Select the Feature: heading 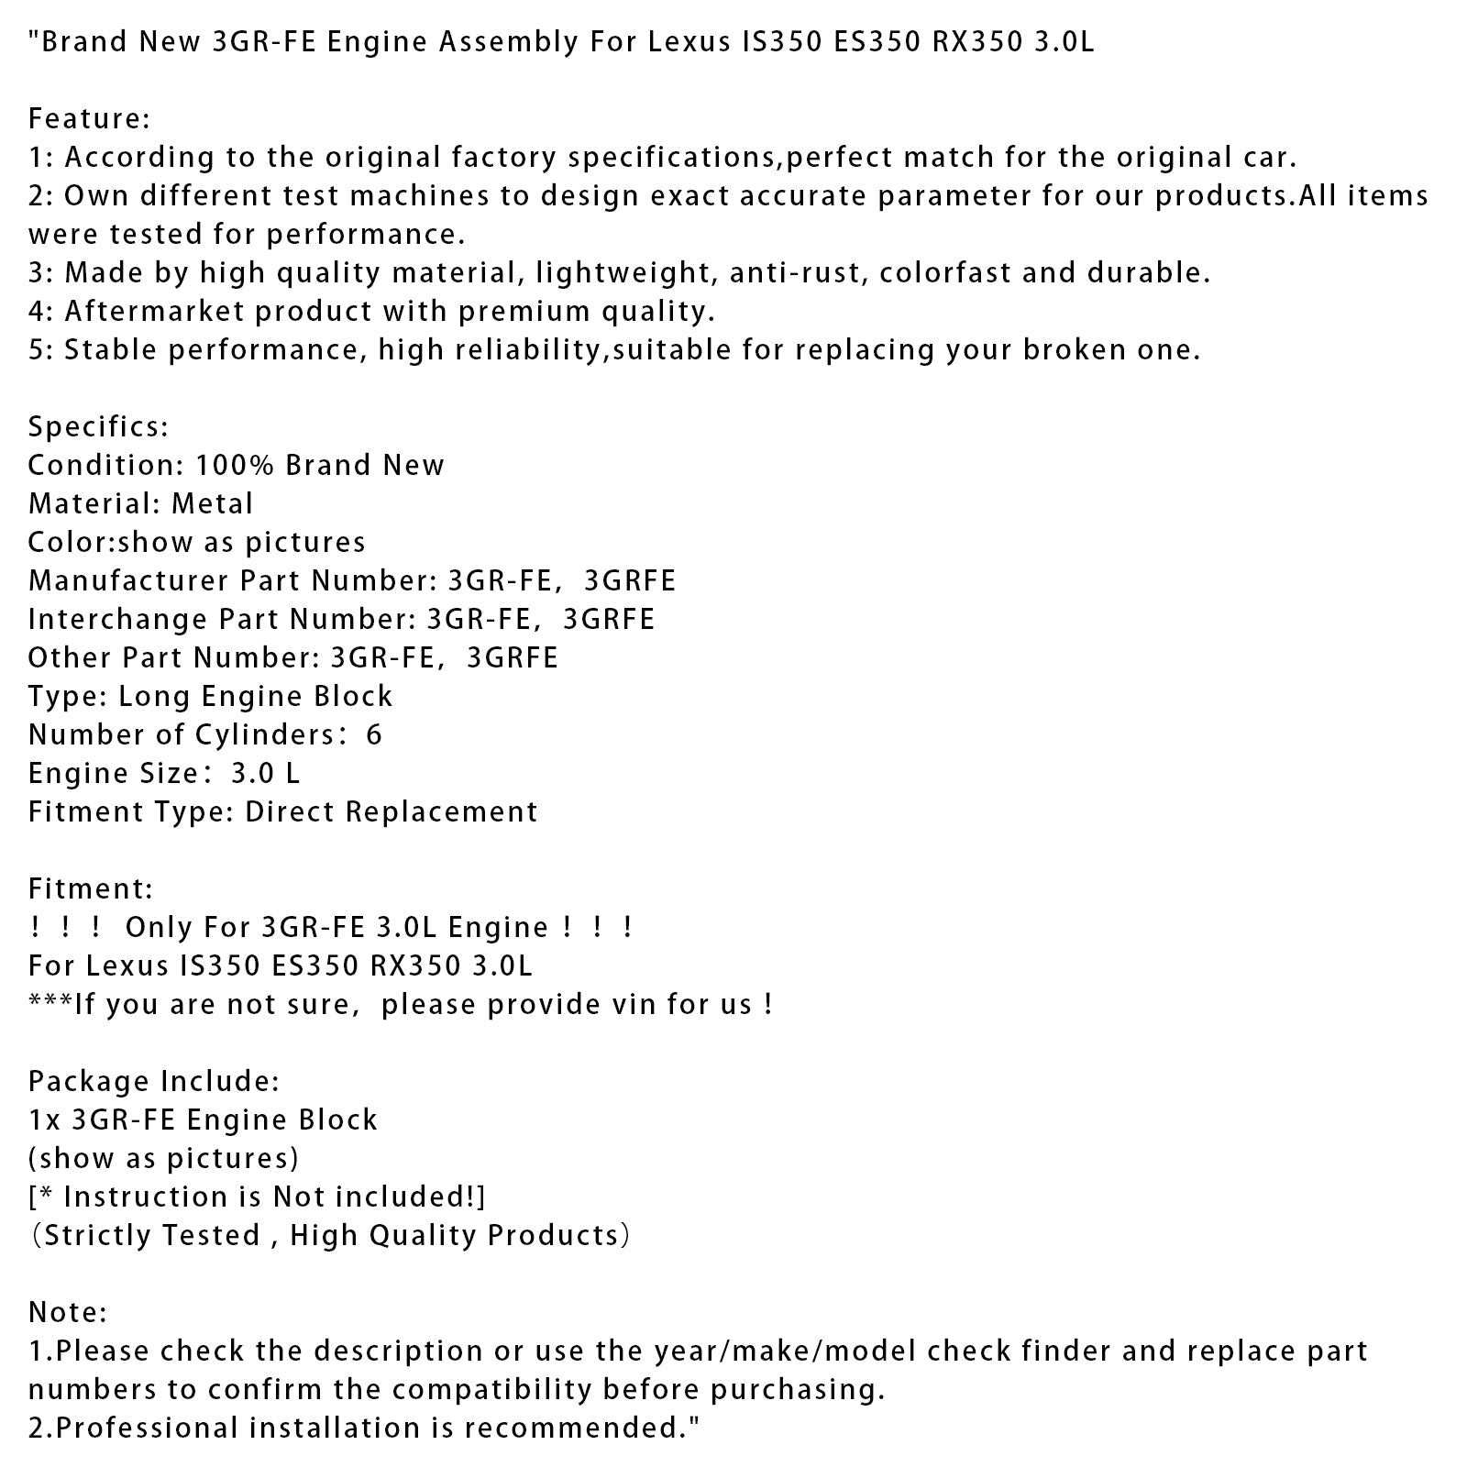89,119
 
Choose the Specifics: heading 98,427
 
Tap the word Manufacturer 128,581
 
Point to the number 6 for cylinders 373,735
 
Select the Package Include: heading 153,1082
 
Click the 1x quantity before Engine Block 44,1120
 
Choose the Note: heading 68,1313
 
